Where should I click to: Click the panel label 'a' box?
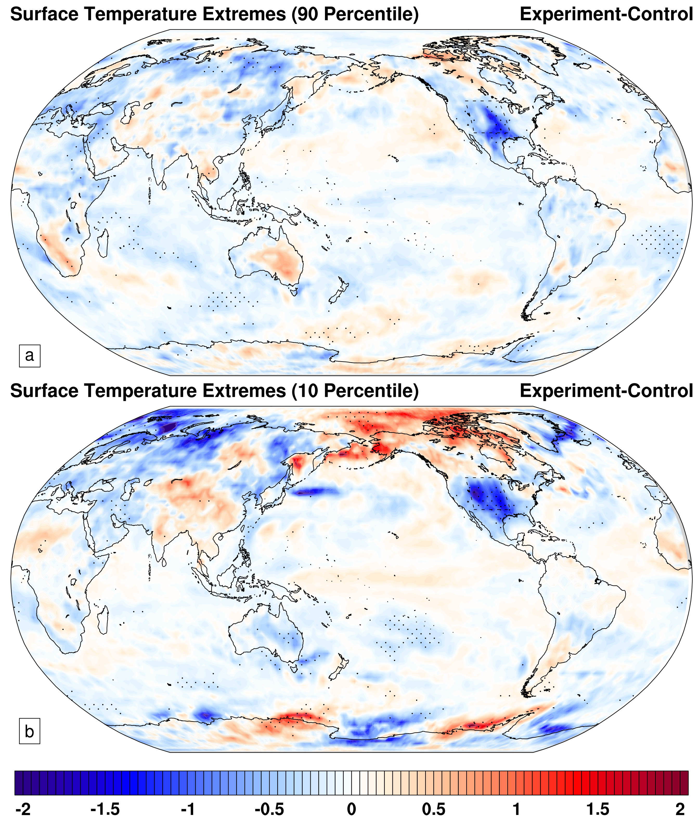(29, 355)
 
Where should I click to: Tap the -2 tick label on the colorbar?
(23, 809)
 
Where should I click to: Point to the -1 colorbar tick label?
(188, 809)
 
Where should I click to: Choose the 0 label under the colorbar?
(352, 809)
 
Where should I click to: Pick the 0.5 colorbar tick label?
(434, 809)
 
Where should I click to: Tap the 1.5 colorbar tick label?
(598, 809)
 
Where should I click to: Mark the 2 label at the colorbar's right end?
(680, 809)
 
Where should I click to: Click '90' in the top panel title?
(307, 14)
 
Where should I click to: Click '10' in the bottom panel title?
(307, 391)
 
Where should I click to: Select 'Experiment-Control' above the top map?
(606, 14)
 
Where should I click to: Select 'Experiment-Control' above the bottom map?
(606, 391)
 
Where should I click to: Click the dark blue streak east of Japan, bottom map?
(315, 492)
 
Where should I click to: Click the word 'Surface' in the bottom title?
(44, 391)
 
